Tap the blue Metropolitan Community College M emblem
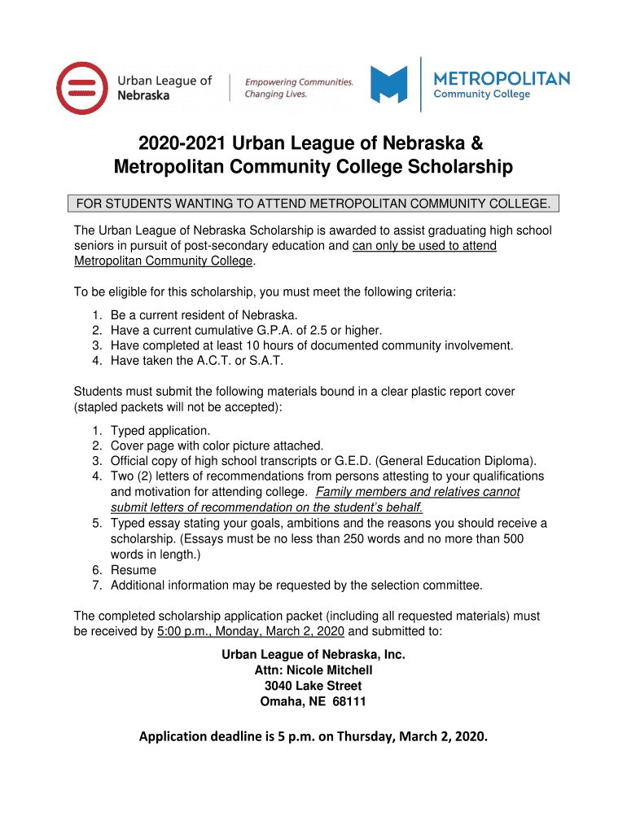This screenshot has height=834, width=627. point(388,85)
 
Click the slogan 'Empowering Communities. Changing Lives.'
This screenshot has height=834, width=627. point(300,88)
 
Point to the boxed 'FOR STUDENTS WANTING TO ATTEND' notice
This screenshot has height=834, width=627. point(313,203)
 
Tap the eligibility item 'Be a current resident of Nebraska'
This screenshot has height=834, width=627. point(204,314)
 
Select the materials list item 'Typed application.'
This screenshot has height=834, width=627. point(160,430)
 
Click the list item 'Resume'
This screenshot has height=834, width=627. point(134,570)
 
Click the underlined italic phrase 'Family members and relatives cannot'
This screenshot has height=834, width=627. point(418,492)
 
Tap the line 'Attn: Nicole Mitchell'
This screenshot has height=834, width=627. point(313,670)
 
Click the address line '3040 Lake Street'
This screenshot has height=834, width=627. point(313,686)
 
